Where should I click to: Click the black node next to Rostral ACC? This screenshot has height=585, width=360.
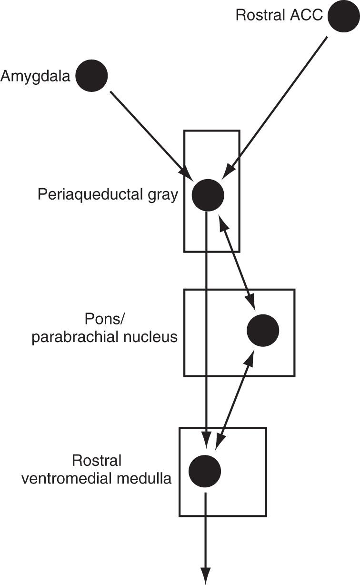click(x=343, y=16)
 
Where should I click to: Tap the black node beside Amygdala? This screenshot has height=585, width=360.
click(x=92, y=76)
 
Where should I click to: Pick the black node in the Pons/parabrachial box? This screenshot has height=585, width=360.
click(x=263, y=330)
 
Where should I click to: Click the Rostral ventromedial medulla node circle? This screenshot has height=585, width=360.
click(x=205, y=471)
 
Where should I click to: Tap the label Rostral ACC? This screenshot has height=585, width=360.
click(x=279, y=15)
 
